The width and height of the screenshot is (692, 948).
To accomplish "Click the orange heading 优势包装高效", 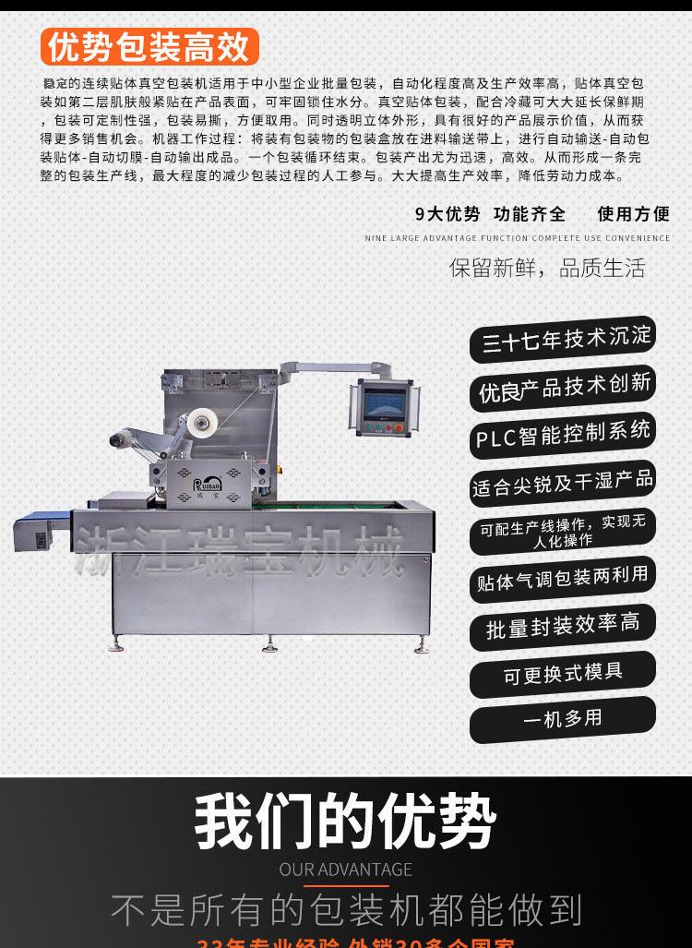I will [x=150, y=46].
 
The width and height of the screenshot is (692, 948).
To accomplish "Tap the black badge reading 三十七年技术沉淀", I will [x=566, y=339].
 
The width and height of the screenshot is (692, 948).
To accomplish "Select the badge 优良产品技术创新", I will [x=565, y=387].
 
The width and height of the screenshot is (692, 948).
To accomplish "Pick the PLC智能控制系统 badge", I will [x=564, y=434].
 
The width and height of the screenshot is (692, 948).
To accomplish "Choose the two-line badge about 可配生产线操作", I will [x=563, y=531].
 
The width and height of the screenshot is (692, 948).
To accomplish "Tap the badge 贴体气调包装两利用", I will [x=563, y=579].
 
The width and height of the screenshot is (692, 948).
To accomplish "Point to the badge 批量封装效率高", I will [x=563, y=626].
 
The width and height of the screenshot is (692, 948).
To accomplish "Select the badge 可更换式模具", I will [x=563, y=673].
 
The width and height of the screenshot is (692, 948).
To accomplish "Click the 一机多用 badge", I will [x=563, y=719].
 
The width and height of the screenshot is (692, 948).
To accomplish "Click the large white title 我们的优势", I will [x=345, y=820].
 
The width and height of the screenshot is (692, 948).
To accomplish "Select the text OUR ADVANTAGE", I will [x=345, y=869].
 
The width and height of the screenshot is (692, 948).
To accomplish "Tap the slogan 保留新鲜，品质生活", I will [x=547, y=269].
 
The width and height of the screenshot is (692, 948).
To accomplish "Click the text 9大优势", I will [x=447, y=214].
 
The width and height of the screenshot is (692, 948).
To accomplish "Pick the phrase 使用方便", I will [x=634, y=214].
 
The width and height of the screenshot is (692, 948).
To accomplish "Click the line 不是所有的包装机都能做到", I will [x=345, y=909].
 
